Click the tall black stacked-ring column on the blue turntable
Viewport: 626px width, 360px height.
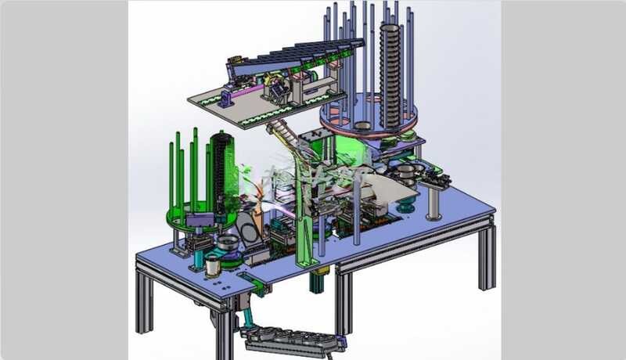pos(390,74)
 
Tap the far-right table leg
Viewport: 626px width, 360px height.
pos(487,254)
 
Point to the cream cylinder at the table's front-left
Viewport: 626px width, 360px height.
pos(213,266)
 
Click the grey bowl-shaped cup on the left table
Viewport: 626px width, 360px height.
pos(228,245)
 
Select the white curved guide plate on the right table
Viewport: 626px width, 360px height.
pos(391,188)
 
